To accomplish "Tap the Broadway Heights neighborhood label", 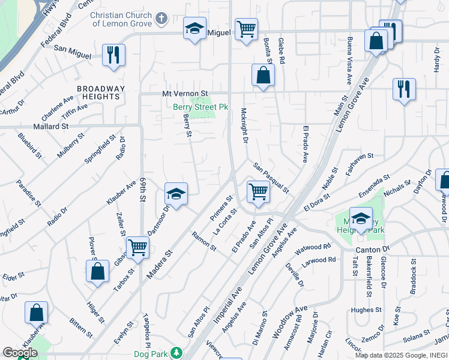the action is (x=101, y=92).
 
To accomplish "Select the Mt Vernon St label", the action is (x=185, y=94).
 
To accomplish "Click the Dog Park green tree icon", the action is (x=176, y=352).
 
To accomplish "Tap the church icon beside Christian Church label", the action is (x=160, y=18).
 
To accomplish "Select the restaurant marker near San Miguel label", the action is (x=113, y=55).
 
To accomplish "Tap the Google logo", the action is (x=20, y=353).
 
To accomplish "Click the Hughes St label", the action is (x=366, y=310).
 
